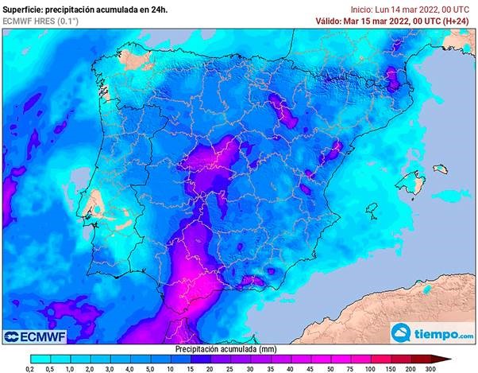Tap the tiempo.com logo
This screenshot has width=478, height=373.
tap(432, 332)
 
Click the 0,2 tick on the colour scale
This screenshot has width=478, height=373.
tap(29, 369)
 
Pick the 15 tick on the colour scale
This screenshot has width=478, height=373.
tap(191, 369)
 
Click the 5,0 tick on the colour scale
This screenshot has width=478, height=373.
tap(150, 369)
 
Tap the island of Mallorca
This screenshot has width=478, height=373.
tap(413, 179)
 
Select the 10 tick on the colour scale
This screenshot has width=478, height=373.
tap(171, 369)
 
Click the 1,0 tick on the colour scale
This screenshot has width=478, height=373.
tap(70, 369)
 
